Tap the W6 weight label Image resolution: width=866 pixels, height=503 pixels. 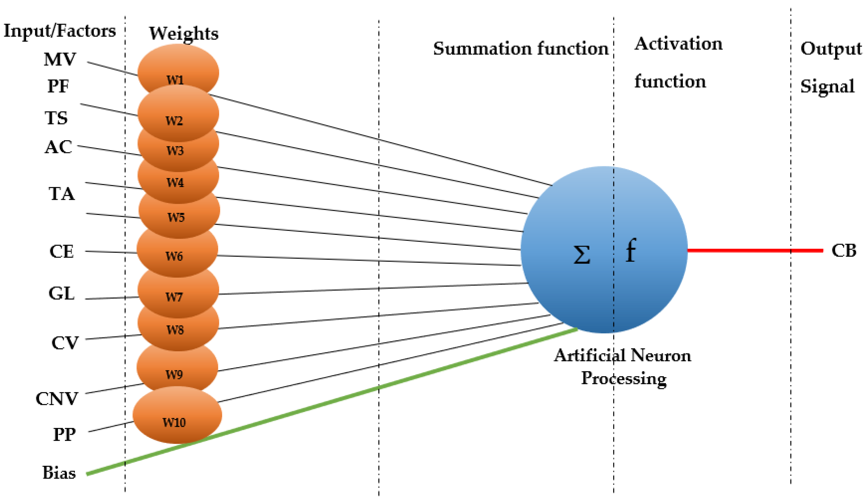(174, 256)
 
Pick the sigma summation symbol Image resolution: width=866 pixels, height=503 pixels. (582, 255)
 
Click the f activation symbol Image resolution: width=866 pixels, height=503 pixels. (631, 250)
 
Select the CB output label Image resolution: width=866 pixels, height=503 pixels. (844, 251)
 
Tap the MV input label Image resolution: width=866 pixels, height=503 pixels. (59, 59)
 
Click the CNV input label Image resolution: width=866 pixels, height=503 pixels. (57, 399)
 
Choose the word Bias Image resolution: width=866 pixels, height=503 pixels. (59, 473)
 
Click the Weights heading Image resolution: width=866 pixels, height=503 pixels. (184, 34)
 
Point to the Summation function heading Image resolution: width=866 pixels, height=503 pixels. (521, 48)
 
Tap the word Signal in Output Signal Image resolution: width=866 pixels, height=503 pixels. (827, 86)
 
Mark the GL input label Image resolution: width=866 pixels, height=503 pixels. (61, 294)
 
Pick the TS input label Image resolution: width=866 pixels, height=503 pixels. (56, 118)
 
